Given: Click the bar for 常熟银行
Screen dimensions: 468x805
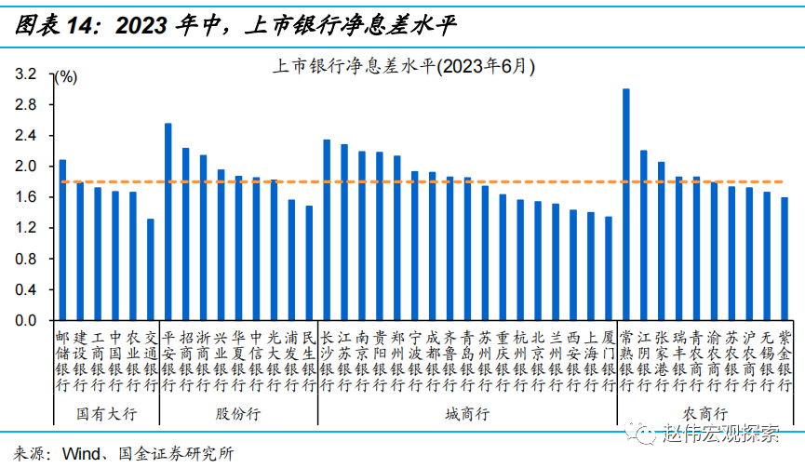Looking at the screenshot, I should (x=626, y=205).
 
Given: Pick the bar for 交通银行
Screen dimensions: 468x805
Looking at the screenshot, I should (x=151, y=270).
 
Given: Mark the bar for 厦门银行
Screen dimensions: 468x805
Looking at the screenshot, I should (x=609, y=269).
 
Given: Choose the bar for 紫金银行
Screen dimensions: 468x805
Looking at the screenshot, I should (x=785, y=259).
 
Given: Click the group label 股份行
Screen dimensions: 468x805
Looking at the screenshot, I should (x=238, y=413).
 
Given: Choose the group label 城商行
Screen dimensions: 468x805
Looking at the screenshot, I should (x=467, y=413).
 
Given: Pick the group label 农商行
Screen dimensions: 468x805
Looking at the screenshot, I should (x=704, y=413).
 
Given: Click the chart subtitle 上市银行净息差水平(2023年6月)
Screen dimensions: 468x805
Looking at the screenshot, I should (x=402, y=66).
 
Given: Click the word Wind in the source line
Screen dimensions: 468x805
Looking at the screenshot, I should (x=79, y=454).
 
